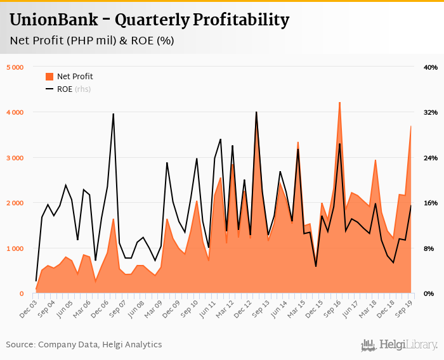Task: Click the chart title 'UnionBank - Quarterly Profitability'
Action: (x=149, y=20)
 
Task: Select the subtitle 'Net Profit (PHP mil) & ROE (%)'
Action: (x=92, y=41)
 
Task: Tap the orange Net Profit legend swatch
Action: (x=49, y=77)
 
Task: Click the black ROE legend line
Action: (x=49, y=89)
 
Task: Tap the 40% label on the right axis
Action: (x=430, y=67)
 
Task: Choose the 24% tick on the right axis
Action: (x=430, y=158)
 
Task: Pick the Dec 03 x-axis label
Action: (x=27, y=306)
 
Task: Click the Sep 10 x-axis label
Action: (x=190, y=306)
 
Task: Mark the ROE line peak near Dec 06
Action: (x=113, y=114)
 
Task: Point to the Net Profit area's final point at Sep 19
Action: (x=411, y=126)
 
